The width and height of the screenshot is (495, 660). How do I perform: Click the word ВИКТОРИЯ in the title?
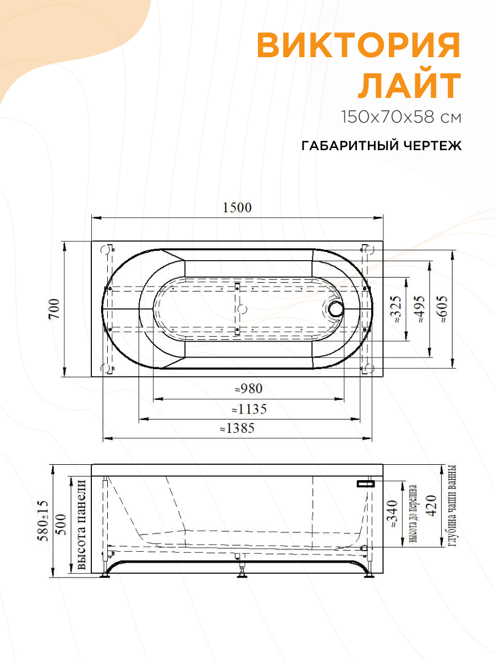pos(358,45)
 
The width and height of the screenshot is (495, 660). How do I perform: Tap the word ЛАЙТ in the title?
pos(409,86)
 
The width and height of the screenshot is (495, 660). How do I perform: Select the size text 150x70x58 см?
pos(401,117)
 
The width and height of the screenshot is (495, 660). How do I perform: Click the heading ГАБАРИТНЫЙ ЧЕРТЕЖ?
pos(381,146)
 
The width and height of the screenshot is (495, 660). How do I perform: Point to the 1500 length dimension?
pos(237,208)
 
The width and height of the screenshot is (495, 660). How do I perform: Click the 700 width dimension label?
pos(54,309)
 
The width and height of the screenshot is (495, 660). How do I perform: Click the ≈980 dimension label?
pos(249,389)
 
